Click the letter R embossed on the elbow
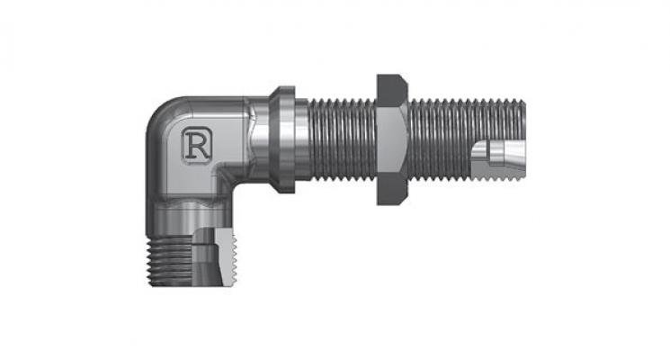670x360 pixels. click(197, 145)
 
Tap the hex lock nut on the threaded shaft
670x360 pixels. click(392, 139)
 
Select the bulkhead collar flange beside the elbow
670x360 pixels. click(282, 139)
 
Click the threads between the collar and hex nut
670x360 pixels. click(343, 139)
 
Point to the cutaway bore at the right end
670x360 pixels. click(498, 153)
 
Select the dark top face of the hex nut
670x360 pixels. click(392, 90)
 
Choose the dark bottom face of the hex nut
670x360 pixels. click(392, 189)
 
